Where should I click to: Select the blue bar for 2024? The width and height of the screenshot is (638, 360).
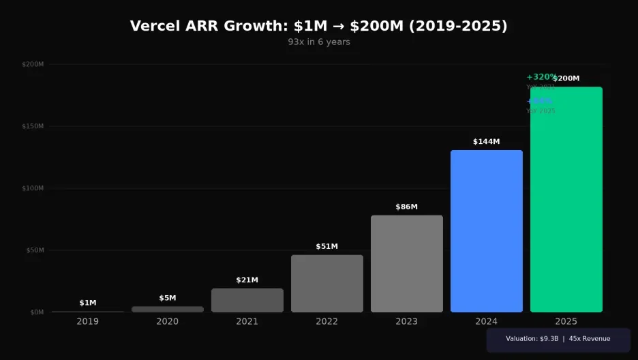486,231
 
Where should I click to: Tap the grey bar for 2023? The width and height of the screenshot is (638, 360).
406,264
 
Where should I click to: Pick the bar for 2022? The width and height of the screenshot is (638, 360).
326,284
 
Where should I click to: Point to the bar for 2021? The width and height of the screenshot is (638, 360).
247,300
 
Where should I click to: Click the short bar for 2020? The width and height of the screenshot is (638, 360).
167,310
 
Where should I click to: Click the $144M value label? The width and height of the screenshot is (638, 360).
486,142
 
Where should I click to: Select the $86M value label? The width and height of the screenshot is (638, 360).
406,207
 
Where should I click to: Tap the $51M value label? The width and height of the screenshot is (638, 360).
326,246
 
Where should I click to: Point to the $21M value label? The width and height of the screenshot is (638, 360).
247,280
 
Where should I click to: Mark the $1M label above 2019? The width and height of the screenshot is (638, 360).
87,303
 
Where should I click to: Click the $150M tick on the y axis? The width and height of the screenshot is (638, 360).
33,126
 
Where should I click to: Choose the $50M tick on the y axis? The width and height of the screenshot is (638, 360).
35,250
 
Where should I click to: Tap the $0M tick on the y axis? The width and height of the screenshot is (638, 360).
36,312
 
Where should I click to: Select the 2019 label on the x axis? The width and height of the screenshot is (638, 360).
87,321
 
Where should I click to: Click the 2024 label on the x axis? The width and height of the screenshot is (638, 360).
486,321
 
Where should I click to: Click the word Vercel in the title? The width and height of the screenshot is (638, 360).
154,26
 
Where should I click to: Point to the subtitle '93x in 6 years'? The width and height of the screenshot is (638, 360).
318,42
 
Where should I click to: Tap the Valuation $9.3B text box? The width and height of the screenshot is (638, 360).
558,339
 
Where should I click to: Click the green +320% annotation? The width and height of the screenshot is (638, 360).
541,77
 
